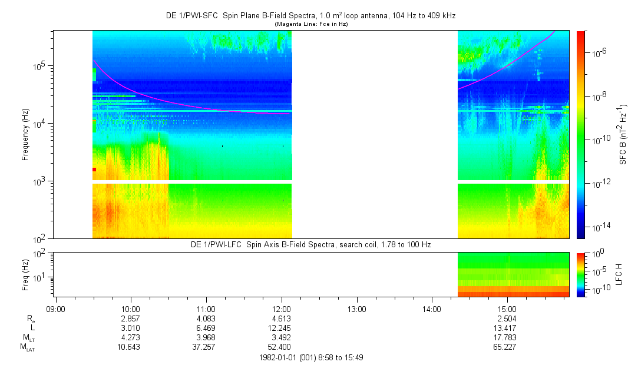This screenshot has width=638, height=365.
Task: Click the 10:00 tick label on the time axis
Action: click(130, 308)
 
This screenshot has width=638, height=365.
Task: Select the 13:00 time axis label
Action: click(356, 308)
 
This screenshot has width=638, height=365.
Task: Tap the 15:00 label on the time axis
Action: click(507, 308)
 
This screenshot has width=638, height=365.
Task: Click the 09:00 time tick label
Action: click(55, 308)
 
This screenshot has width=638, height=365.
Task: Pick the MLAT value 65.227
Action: click(507, 348)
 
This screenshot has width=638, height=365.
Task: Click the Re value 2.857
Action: click(130, 318)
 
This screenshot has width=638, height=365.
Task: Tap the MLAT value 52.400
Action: click(281, 348)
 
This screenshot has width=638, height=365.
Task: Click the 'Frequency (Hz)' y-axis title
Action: click(25, 134)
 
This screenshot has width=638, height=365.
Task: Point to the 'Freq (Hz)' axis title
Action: click(25, 273)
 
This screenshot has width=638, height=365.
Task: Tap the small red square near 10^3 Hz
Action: click(94, 170)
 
